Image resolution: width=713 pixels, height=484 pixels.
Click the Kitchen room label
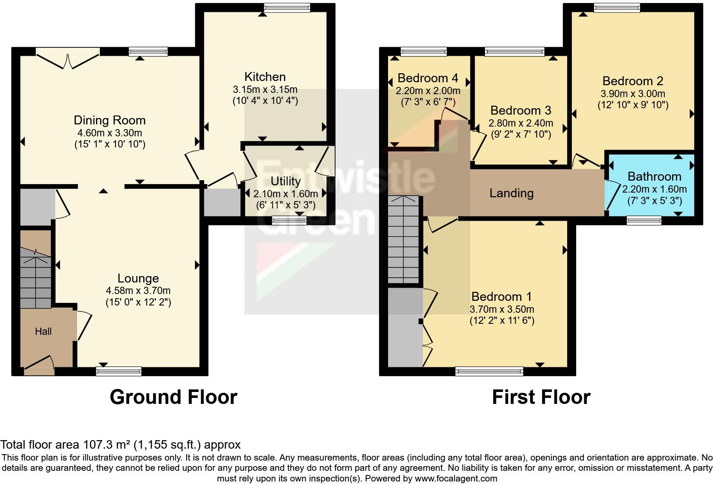click(265, 77)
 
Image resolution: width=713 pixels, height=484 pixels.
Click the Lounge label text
click(138, 278)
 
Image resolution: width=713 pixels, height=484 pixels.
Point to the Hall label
click(43, 331)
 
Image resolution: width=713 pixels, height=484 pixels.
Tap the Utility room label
click(286, 181)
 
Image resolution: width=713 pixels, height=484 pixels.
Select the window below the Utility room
click(289, 220)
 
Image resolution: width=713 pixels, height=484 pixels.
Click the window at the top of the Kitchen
click(287, 8)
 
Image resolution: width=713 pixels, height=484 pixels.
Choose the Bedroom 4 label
click(428, 78)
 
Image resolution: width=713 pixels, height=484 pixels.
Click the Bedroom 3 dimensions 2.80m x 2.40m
click(521, 123)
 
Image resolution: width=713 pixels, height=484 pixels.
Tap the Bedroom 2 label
click(633, 81)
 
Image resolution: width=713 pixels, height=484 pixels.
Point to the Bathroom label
click(654, 176)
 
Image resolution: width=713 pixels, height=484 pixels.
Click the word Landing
click(511, 193)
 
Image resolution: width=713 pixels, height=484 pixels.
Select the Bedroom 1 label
click(502, 297)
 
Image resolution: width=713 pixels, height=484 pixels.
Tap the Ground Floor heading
click(173, 397)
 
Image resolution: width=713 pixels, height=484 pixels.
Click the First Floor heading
click(541, 397)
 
